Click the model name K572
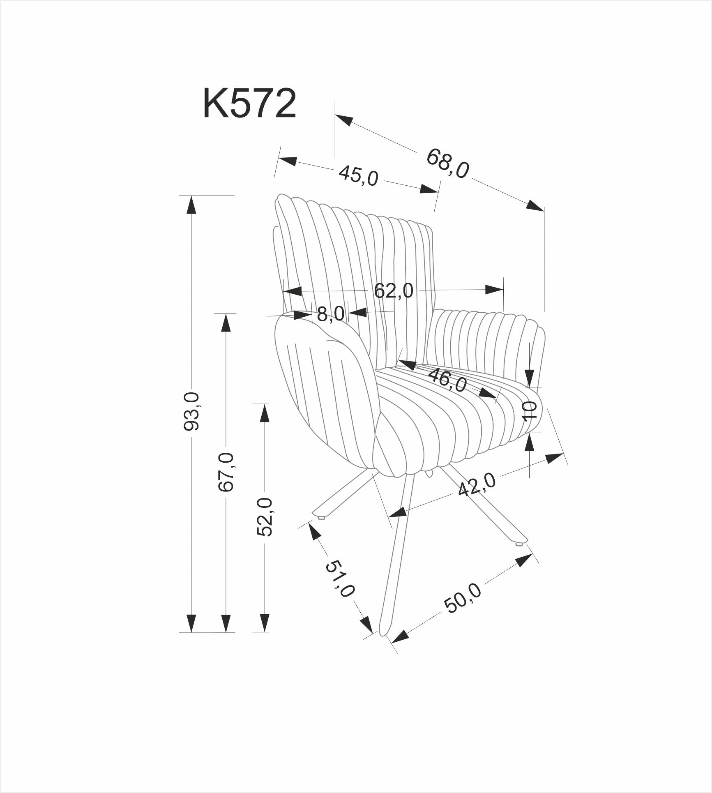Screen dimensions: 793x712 (x=249, y=104)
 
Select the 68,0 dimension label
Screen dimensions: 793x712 (x=447, y=164)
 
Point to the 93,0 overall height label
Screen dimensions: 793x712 (x=191, y=411)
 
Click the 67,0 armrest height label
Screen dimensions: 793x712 (x=226, y=472)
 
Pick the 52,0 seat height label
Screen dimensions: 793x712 (x=265, y=517)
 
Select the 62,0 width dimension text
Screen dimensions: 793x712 (x=393, y=291)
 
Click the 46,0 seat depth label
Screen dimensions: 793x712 (x=447, y=380)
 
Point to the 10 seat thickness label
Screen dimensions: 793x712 (x=530, y=410)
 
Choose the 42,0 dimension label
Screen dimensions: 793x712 (x=477, y=485)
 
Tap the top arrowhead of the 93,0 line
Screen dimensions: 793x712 (x=191, y=204)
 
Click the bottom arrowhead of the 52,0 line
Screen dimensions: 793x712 (x=265, y=634)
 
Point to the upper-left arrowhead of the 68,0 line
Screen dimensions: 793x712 (x=344, y=119)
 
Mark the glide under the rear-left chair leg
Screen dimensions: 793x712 (x=322, y=518)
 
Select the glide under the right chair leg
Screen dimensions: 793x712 (x=519, y=545)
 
